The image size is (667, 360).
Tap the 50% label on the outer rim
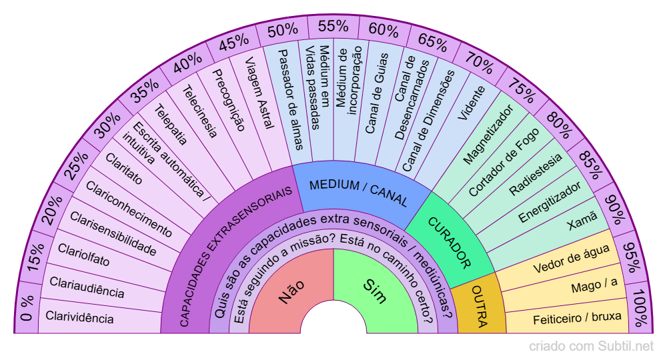point(282,31)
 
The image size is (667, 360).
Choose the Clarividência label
point(79,317)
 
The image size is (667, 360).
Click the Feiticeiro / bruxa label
point(577,319)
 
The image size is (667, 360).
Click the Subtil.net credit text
point(591,346)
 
